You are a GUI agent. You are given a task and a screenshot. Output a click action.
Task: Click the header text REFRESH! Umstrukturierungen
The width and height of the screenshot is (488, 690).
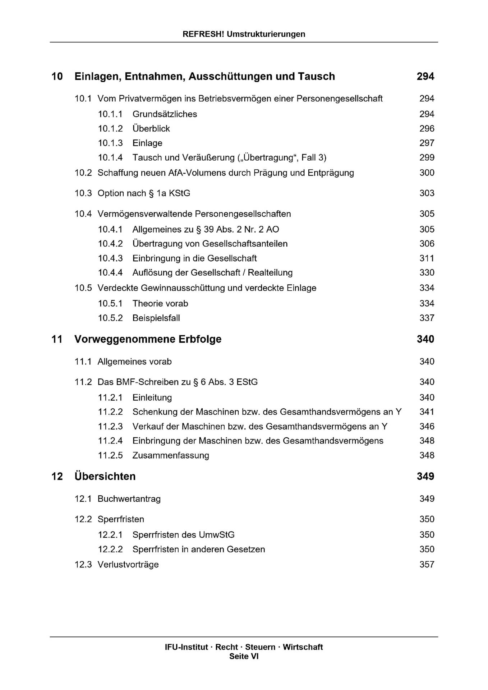(x=244, y=34)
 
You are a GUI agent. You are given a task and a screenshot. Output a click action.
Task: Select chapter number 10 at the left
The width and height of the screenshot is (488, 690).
(x=57, y=76)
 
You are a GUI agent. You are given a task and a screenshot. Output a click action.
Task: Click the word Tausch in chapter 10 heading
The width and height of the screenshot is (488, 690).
(x=317, y=76)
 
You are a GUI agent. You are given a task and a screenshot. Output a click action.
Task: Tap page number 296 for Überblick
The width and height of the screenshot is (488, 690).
(x=427, y=129)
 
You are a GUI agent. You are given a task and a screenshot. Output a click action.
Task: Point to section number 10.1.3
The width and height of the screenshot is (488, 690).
(x=110, y=143)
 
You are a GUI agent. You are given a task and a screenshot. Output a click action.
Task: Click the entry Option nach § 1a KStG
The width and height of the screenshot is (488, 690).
(x=144, y=193)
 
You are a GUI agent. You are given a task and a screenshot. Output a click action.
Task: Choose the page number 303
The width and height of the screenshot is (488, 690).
(x=427, y=193)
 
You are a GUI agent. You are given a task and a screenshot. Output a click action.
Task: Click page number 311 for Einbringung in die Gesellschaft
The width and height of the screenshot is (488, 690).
(x=427, y=258)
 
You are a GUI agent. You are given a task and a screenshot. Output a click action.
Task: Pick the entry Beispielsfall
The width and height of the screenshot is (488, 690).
(x=156, y=318)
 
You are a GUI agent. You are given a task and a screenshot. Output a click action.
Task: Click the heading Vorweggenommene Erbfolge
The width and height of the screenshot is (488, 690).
(x=148, y=339)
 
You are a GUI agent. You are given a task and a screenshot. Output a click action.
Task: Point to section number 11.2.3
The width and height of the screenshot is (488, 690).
(x=110, y=427)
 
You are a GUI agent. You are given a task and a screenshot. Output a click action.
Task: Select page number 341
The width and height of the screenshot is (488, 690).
(x=427, y=412)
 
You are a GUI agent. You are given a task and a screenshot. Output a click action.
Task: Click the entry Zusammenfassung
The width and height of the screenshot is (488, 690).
(x=171, y=456)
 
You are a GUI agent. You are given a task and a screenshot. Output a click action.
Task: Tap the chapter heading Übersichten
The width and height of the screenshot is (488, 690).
(x=105, y=477)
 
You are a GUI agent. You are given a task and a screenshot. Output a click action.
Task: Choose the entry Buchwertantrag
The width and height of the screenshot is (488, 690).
(x=129, y=499)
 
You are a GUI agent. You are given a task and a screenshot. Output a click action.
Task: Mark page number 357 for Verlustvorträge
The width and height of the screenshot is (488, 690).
(x=427, y=565)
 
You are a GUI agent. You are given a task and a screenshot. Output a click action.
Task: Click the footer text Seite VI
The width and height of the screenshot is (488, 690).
(x=244, y=657)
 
